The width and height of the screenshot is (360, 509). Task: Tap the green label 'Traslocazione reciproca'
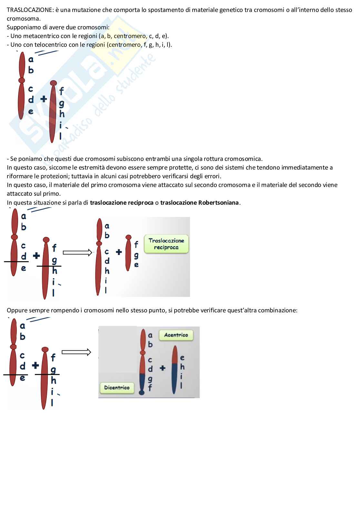[166, 244]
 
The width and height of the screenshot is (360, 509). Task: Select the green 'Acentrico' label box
[176, 335]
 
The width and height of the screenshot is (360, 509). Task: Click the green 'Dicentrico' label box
[117, 388]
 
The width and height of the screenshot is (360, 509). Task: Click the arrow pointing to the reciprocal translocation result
[77, 253]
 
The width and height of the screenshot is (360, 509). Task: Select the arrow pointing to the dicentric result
[76, 352]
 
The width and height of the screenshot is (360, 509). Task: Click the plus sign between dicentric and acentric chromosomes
[163, 368]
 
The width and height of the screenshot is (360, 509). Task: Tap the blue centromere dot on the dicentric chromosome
[142, 392]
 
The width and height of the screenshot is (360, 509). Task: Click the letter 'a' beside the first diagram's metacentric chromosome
[31, 59]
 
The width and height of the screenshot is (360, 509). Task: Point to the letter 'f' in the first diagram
[61, 91]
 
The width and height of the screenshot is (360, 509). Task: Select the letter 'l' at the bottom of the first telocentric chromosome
[60, 137]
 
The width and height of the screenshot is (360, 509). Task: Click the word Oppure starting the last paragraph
[17, 310]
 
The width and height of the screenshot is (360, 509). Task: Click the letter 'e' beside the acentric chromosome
[182, 358]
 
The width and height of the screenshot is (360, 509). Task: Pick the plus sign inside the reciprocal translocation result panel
[119, 252]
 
